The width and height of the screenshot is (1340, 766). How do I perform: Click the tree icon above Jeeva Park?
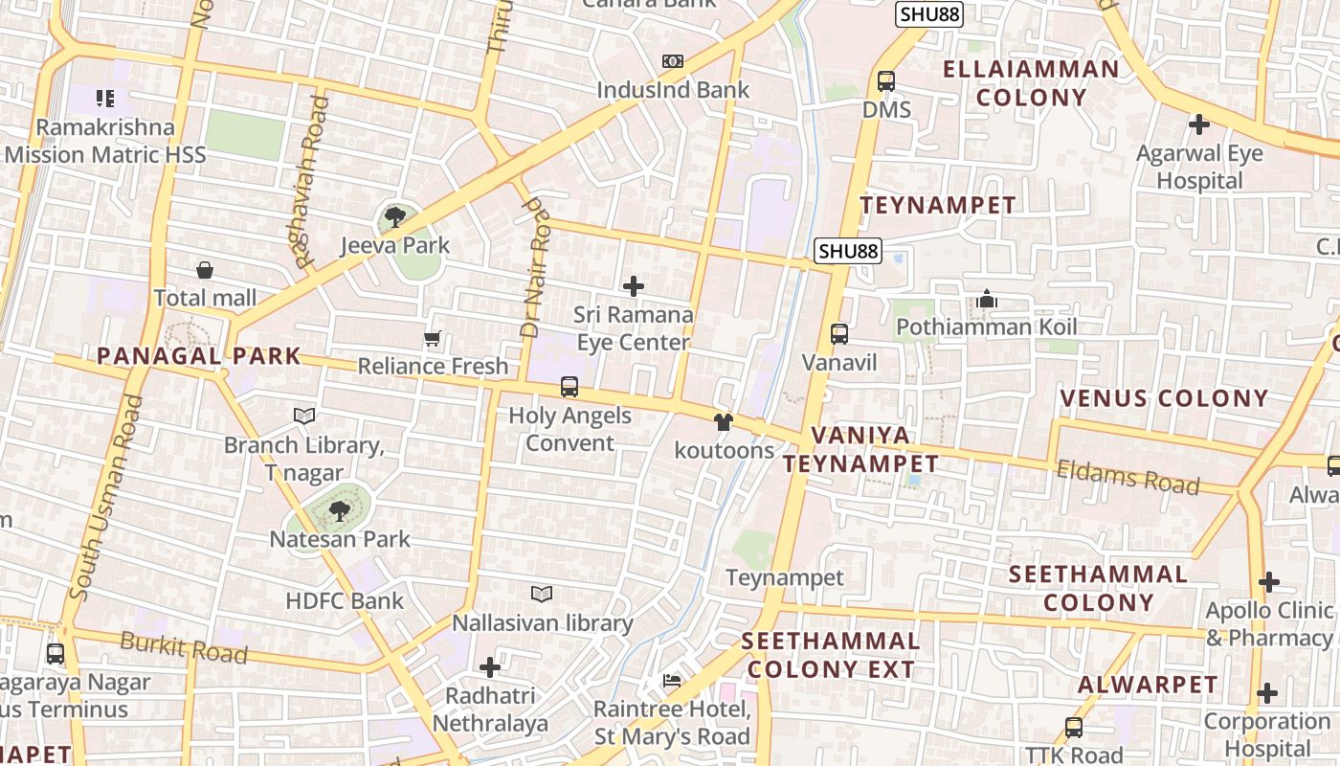(x=394, y=217)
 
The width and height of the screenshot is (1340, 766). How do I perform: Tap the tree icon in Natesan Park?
(x=339, y=511)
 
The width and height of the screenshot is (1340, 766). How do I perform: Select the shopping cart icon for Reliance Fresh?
(x=433, y=339)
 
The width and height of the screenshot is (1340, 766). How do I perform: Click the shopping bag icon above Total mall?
(x=205, y=271)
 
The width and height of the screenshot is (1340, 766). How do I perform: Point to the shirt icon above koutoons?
(x=723, y=422)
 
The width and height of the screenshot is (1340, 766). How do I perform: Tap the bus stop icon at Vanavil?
(x=839, y=334)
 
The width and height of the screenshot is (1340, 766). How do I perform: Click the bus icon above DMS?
(x=886, y=81)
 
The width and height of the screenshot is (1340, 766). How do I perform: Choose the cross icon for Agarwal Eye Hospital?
(x=1198, y=124)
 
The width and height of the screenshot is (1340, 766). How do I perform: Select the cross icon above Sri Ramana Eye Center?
(x=633, y=286)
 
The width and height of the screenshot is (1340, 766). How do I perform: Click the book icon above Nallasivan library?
(x=542, y=595)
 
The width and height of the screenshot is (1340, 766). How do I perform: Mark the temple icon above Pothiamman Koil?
(x=987, y=300)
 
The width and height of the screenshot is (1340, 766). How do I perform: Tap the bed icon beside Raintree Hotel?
(x=672, y=682)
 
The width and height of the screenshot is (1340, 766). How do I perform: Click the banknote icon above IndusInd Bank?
(x=673, y=61)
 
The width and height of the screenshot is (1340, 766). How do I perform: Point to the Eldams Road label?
(x=1128, y=477)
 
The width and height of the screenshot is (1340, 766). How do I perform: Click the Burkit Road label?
(x=184, y=648)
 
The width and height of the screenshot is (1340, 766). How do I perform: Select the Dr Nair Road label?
(x=535, y=268)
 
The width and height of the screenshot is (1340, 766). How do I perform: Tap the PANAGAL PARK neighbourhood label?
(x=199, y=357)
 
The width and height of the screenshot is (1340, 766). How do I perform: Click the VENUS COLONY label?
(x=1164, y=398)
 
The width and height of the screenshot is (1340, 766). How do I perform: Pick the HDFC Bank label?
(x=345, y=601)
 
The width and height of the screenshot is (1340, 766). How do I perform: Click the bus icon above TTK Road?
(x=1074, y=728)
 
